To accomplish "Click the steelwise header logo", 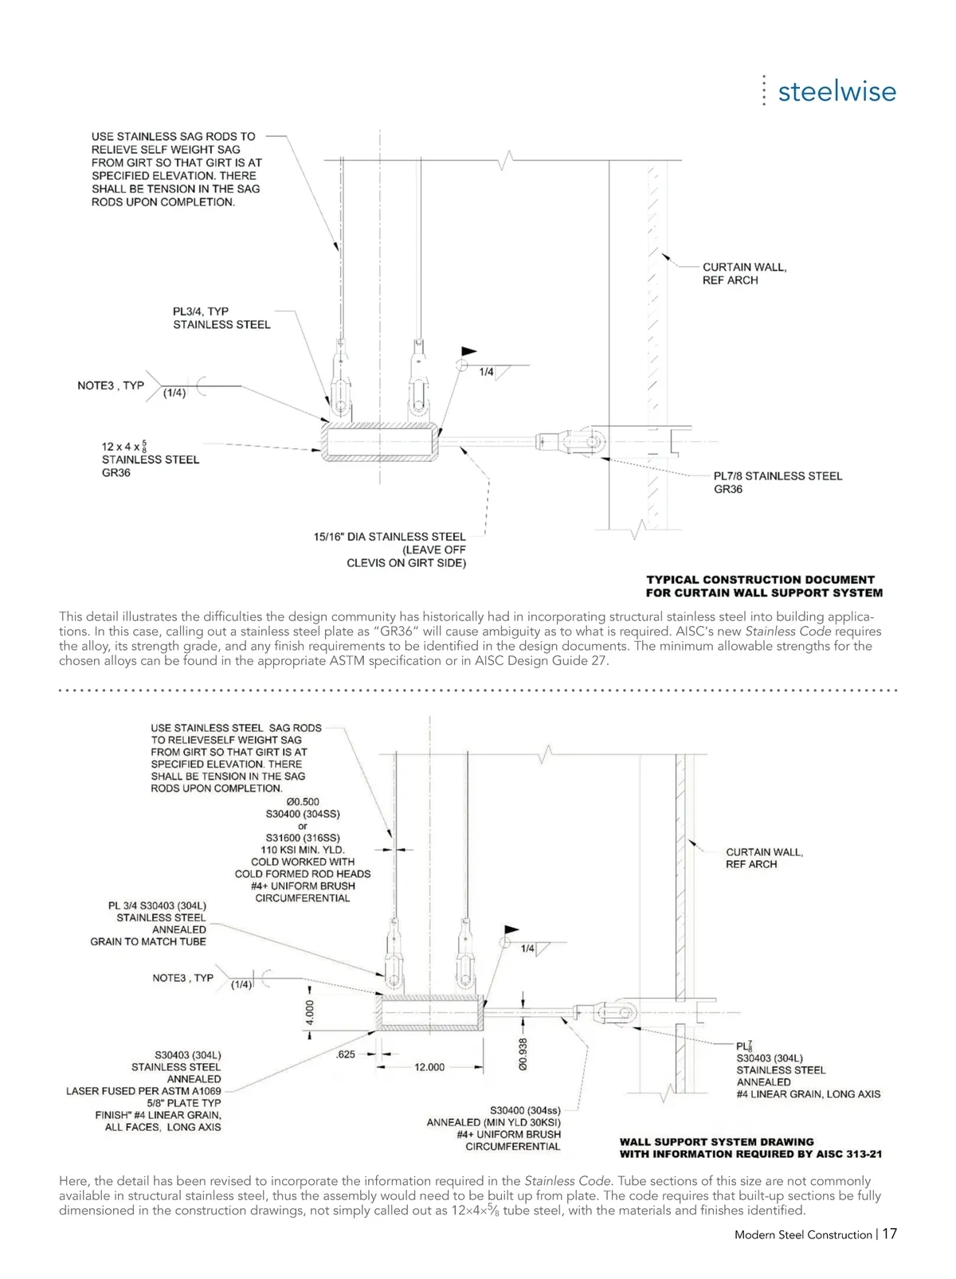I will (836, 92).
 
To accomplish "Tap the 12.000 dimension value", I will (429, 1067).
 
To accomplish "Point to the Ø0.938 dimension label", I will (523, 1054).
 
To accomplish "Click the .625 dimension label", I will (346, 1054).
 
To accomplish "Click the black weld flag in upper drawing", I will (469, 350).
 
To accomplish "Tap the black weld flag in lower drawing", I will (511, 929).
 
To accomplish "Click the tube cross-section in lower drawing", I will (431, 1013).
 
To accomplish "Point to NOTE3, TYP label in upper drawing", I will (111, 385).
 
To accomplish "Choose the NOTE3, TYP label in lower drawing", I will (183, 978).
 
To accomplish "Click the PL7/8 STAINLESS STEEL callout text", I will (778, 476).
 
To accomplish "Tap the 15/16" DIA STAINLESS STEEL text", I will (390, 537).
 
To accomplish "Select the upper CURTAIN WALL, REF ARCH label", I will (744, 273).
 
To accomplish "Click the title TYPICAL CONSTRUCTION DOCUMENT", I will (760, 580).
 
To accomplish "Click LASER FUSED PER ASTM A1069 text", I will (143, 1091).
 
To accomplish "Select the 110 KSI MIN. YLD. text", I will (303, 850).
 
